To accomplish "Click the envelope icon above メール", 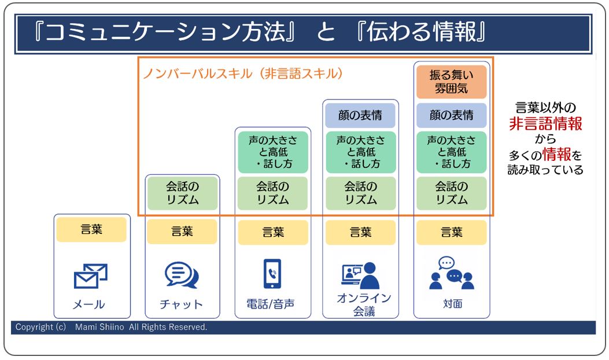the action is point(90,275).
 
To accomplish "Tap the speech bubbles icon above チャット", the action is point(182,274).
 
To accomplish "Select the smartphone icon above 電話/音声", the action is point(272,274).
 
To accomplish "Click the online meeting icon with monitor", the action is point(360,275).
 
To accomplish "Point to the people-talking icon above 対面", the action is point(452,273).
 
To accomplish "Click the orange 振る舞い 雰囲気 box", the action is point(451,82).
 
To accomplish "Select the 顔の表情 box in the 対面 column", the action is point(451,115).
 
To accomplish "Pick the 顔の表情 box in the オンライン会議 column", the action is point(360,115).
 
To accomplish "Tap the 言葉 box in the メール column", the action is point(91,229).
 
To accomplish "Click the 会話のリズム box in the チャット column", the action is point(182,193).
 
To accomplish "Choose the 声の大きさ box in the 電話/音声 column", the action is point(273,152).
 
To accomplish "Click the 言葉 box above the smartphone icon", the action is point(273,232).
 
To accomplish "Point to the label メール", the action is point(88,304).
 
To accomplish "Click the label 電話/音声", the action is point(270,304).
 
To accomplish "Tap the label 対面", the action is point(452,304).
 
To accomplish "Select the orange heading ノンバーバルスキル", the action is point(198,74).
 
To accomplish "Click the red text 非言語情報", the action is point(546,124).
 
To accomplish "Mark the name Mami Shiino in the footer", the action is point(99,327).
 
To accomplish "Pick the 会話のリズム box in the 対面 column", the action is point(451,193).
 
